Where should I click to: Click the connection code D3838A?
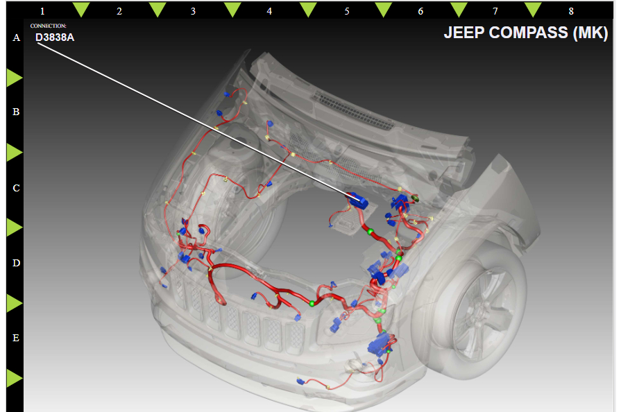coord(55,37)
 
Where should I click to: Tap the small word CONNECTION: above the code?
coord(49,26)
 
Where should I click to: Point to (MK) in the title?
coord(590,33)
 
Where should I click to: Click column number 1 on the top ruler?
coord(42,11)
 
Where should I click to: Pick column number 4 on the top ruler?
coord(269,11)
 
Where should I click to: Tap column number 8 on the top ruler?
coord(571,11)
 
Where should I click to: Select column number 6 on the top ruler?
coord(420,11)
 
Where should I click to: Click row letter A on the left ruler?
coord(16,37)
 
